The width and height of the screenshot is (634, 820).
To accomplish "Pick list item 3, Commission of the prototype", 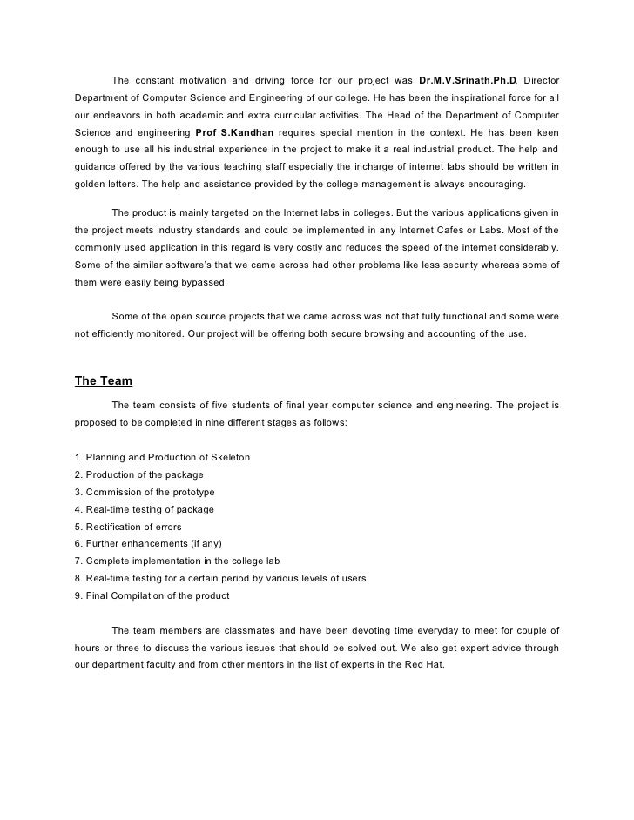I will [x=145, y=492].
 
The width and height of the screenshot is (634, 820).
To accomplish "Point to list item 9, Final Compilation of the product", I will [x=152, y=596].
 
